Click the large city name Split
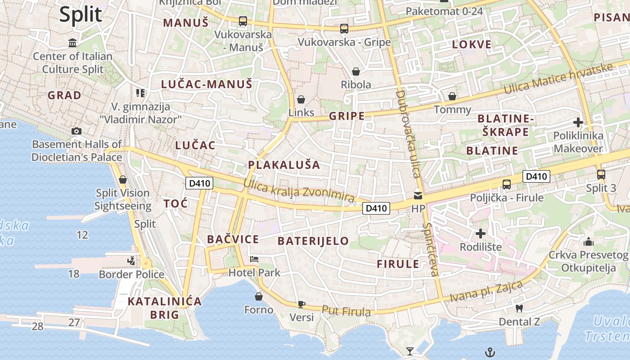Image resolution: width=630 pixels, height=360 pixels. click(x=81, y=14)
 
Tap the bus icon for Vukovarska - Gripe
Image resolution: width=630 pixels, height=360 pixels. click(x=344, y=29)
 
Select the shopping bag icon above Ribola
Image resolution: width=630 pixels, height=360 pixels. click(x=356, y=72)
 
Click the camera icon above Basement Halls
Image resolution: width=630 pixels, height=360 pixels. click(x=76, y=131)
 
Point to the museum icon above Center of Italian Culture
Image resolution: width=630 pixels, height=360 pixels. click(x=72, y=43)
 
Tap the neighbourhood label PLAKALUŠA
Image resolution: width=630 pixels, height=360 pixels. click(x=284, y=165)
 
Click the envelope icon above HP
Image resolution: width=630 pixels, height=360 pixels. click(x=418, y=196)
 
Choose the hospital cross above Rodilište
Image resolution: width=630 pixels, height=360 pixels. click(x=481, y=234)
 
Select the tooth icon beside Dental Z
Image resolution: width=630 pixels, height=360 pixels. click(x=519, y=309)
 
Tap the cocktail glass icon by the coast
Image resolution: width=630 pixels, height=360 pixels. click(x=409, y=351)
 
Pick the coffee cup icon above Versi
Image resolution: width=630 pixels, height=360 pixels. click(x=301, y=304)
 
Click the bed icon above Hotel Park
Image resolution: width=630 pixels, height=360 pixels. click(x=254, y=259)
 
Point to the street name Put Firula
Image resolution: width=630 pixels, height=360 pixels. click(x=346, y=311)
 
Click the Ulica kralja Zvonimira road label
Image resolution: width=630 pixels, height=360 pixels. click(x=299, y=191)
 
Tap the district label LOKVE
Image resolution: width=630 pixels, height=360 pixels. click(x=472, y=45)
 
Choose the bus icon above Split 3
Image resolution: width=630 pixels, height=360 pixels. click(x=601, y=175)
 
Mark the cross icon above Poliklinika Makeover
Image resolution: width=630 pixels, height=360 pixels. click(x=578, y=122)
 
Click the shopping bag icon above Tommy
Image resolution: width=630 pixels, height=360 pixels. click(x=452, y=96)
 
